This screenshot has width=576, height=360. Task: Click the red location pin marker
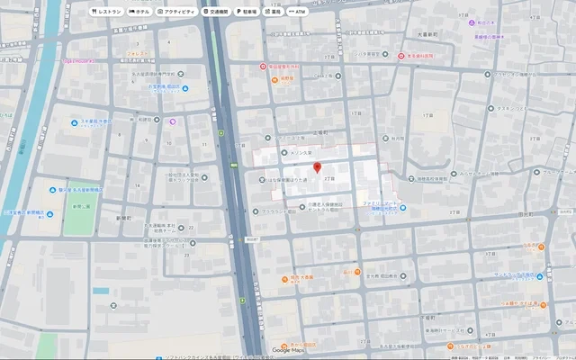(316, 167)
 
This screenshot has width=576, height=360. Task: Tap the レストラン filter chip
(108, 12)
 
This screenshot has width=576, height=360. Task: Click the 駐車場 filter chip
(247, 12)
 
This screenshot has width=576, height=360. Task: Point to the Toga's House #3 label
(79, 60)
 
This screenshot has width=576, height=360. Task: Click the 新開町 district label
(124, 219)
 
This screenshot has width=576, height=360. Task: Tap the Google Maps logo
(287, 350)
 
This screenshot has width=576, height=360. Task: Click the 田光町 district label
(526, 214)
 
